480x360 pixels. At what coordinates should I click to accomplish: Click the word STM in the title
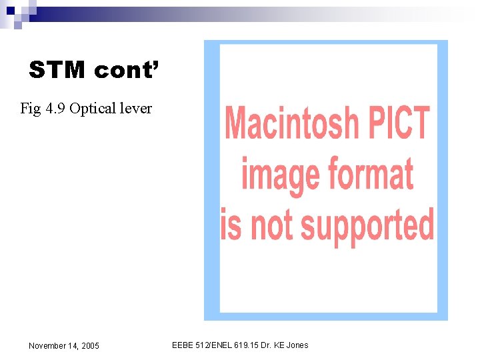[57, 70]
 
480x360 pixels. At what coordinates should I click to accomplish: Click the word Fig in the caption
[30, 108]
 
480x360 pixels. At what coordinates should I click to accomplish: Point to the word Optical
[93, 108]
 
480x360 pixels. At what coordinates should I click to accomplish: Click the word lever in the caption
[136, 108]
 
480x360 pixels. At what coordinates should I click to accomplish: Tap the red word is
[231, 225]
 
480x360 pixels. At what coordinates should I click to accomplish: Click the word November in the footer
[47, 346]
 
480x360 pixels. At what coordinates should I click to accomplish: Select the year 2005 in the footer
[90, 346]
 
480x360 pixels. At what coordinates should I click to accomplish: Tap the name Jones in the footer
[297, 345]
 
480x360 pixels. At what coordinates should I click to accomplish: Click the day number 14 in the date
[72, 346]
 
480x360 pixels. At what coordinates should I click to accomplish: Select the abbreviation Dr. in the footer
[265, 345]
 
